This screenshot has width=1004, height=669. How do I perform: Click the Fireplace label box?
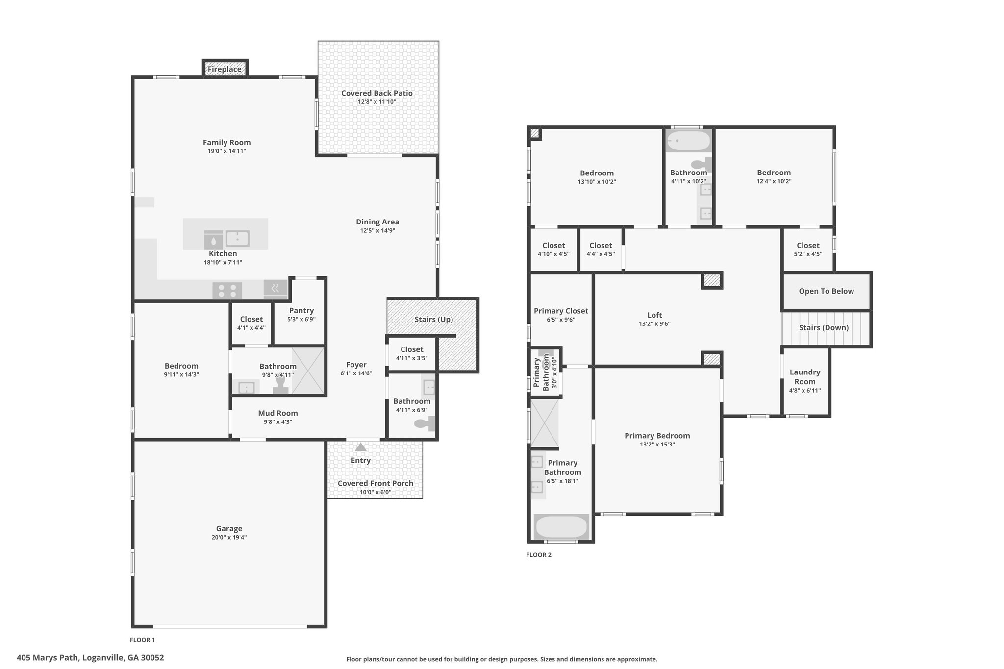pos(225,69)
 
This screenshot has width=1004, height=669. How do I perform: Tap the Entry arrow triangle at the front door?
pos(361,447)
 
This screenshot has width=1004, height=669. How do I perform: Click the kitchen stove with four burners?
pos(227,291)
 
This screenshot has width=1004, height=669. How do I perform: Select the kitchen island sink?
pos(237,239)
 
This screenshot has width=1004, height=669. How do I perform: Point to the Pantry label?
pos(301,310)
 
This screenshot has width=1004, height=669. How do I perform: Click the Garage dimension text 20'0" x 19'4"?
pos(229,537)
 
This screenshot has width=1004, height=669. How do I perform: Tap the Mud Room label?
pos(278,413)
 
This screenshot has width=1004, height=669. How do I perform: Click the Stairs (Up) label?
pos(434,319)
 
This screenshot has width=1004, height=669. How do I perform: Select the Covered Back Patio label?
pos(377,93)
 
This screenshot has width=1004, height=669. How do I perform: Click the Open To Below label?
pos(827,291)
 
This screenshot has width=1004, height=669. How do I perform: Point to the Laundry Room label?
pos(805,377)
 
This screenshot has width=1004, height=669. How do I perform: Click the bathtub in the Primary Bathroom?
pos(561,527)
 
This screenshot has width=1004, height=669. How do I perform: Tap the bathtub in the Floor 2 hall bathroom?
pos(688,141)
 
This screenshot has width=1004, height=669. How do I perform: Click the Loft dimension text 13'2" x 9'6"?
pos(654,324)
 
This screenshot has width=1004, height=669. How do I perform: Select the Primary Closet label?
pos(561,311)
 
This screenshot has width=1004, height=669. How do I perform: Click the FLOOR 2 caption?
pos(539,555)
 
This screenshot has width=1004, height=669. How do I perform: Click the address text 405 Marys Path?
pos(48,658)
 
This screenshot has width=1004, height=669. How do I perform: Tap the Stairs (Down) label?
pos(824,327)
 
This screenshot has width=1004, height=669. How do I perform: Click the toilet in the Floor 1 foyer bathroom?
pos(425,423)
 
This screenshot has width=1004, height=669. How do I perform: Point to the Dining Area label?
pos(377,222)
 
